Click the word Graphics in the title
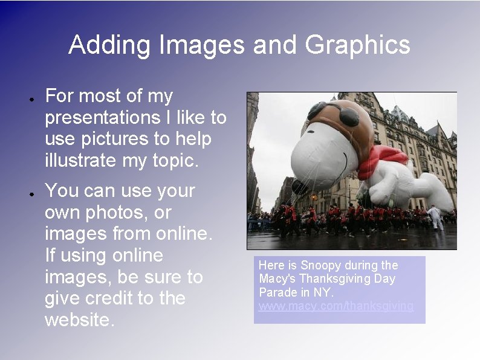[358, 46]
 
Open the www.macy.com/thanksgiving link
[336, 306]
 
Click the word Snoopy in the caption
[320, 265]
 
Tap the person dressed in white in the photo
[435, 217]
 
